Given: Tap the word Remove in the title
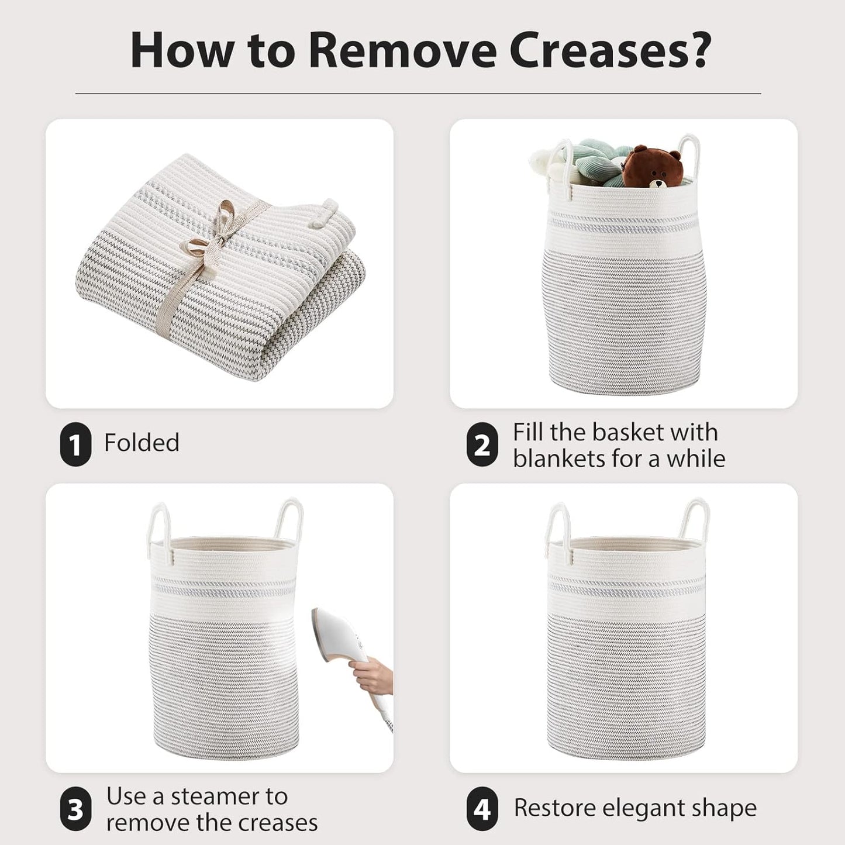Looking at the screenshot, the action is [x=402, y=50].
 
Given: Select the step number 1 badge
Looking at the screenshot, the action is [x=75, y=444].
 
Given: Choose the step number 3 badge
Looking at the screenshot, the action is [x=75, y=809].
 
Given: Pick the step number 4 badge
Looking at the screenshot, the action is [x=482, y=809].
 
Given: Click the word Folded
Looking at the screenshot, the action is [x=142, y=442].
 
